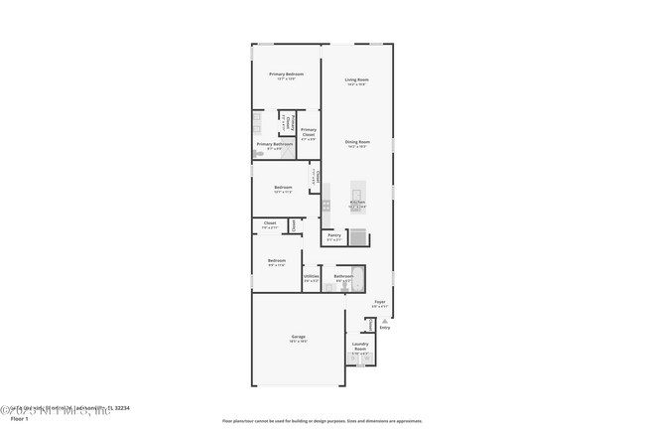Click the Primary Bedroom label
(286, 74)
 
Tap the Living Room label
(356, 79)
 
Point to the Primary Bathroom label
(274, 145)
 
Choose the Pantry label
(334, 235)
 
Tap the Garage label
(298, 338)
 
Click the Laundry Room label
(359, 348)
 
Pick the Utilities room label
(312, 277)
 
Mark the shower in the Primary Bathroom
(257, 124)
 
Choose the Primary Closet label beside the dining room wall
(309, 133)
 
